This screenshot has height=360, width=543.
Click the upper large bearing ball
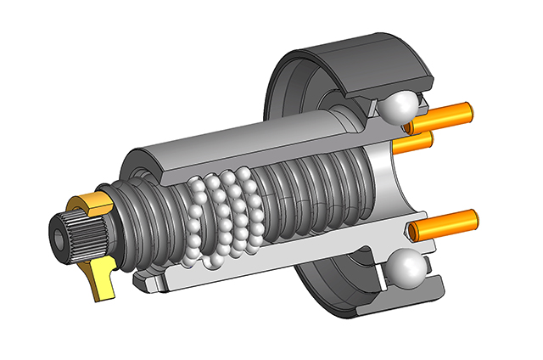click(x=399, y=106)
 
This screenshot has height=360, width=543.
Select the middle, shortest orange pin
click(x=416, y=142)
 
